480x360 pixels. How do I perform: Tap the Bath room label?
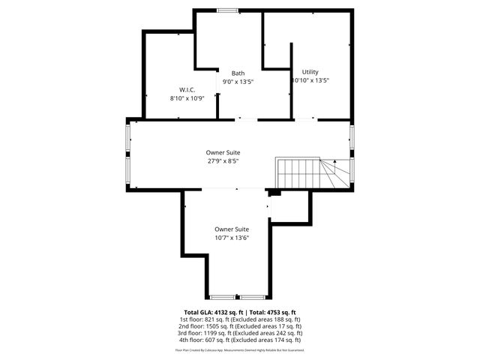pos(238,73)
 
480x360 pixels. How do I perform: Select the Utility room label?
pos(310,72)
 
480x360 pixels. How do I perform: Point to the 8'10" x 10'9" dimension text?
pos(187,97)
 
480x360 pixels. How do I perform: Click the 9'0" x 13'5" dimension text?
pos(238,82)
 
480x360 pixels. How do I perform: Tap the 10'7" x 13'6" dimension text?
pos(232,238)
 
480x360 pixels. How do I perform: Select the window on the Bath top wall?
pos(229,10)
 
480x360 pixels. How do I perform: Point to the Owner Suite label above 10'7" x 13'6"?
pos(232,229)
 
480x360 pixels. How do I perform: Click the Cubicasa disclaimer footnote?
pos(240,350)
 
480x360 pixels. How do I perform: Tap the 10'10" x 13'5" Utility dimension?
pos(310,81)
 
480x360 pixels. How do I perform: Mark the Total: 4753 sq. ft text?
pos(273,312)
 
